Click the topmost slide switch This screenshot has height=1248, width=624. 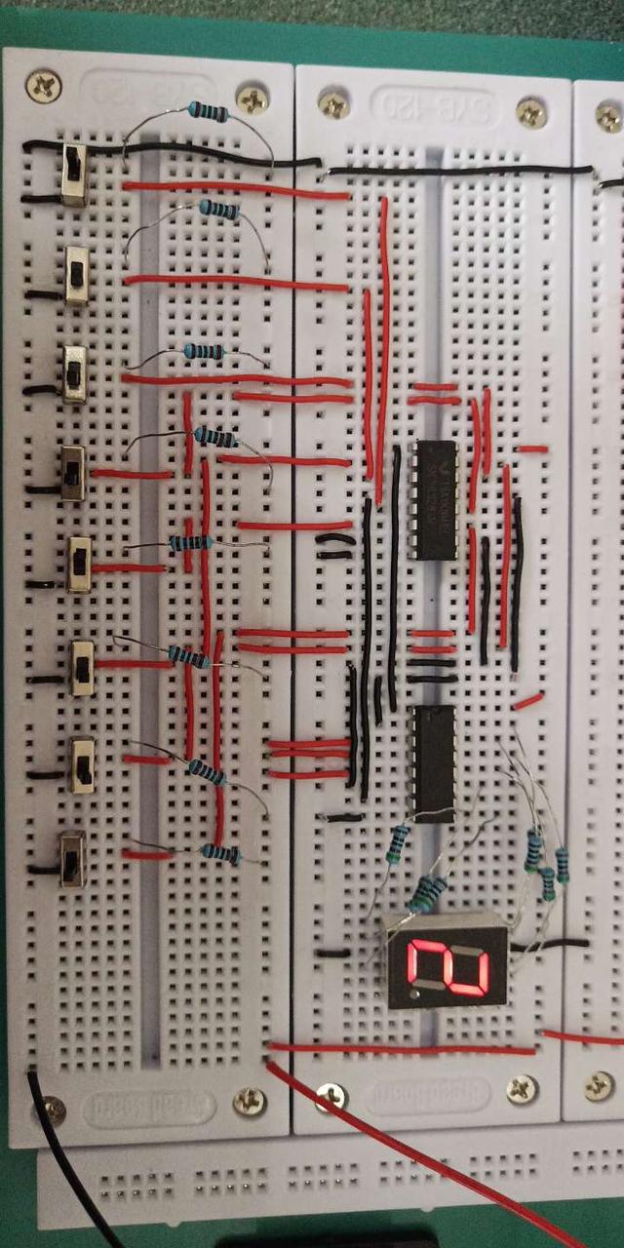pyautogui.click(x=73, y=175)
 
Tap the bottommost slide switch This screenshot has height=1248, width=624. pyautogui.click(x=72, y=858)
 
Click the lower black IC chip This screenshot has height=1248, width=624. pyautogui.click(x=433, y=763)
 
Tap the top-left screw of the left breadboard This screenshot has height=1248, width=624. pyautogui.click(x=43, y=86)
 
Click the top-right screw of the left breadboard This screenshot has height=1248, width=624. pyautogui.click(x=253, y=98)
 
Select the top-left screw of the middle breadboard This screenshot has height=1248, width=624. pyautogui.click(x=334, y=103)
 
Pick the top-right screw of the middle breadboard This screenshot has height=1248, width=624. pyautogui.click(x=531, y=113)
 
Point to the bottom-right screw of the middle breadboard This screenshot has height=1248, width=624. pyautogui.click(x=522, y=1090)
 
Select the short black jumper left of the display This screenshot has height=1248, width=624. pyautogui.click(x=332, y=952)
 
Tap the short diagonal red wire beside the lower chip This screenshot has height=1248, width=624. pyautogui.click(x=528, y=700)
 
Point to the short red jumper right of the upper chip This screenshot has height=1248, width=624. pyautogui.click(x=531, y=449)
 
